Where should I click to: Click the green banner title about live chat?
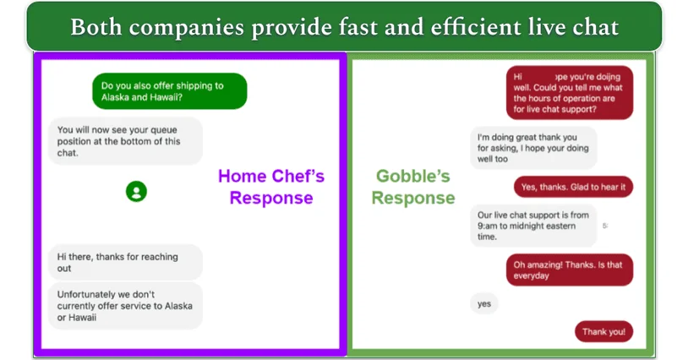[344, 27]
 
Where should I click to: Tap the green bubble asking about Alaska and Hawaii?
[169, 91]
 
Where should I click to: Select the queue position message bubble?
[125, 141]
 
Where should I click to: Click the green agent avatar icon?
[136, 191]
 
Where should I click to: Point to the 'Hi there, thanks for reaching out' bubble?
[125, 262]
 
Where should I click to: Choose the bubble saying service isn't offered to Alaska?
[125, 306]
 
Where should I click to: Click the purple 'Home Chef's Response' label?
[271, 187]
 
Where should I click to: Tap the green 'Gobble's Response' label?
[413, 187]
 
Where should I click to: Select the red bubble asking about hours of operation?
[569, 93]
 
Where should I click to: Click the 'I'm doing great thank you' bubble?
[533, 148]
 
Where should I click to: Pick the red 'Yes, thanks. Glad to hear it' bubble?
[573, 187]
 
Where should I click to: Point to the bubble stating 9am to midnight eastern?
[533, 226]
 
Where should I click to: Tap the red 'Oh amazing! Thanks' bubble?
[569, 270]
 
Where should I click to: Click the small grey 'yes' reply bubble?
[483, 303]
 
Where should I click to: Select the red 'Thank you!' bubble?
[603, 332]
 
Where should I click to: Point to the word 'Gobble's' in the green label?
[413, 177]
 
